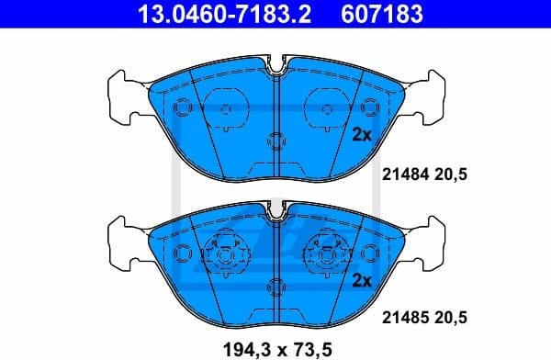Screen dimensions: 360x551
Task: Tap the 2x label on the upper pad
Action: coord(361,134)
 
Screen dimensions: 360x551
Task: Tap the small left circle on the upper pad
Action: coord(181,107)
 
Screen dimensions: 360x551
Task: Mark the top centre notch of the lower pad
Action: coord(276,214)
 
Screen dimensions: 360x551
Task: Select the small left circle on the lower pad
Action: coord(181,251)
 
